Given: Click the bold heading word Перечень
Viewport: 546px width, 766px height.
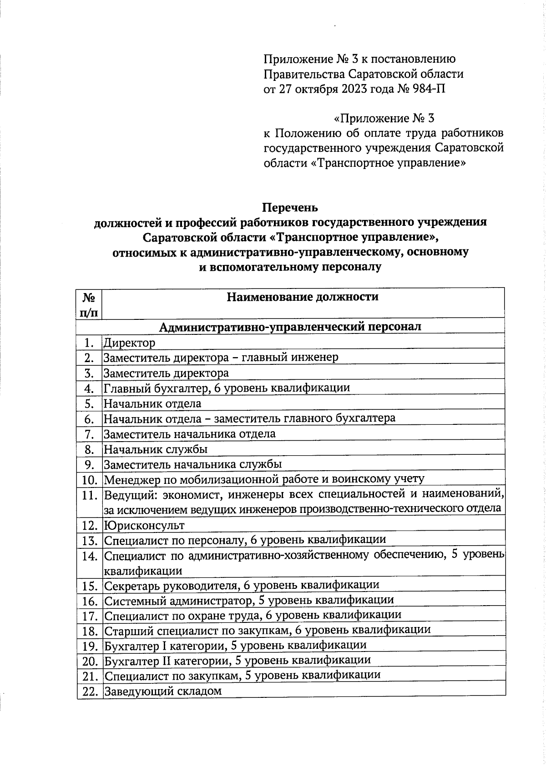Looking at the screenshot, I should click(290, 208).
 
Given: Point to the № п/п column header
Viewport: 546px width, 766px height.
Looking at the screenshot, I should click(89, 304).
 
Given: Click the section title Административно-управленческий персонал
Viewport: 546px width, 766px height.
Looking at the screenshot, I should click(290, 326).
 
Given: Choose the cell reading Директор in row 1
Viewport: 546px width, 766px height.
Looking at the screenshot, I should click(130, 343).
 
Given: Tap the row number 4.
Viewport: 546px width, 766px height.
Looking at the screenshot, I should click(89, 388).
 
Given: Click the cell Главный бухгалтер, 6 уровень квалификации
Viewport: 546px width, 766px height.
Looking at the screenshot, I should click(227, 388).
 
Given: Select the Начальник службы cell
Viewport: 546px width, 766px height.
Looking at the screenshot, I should click(156, 449).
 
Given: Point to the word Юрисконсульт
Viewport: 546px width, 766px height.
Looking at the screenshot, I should click(144, 526).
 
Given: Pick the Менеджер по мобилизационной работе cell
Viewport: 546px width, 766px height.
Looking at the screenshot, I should click(264, 479).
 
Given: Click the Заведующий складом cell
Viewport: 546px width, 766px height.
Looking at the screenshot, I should click(163, 691).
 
